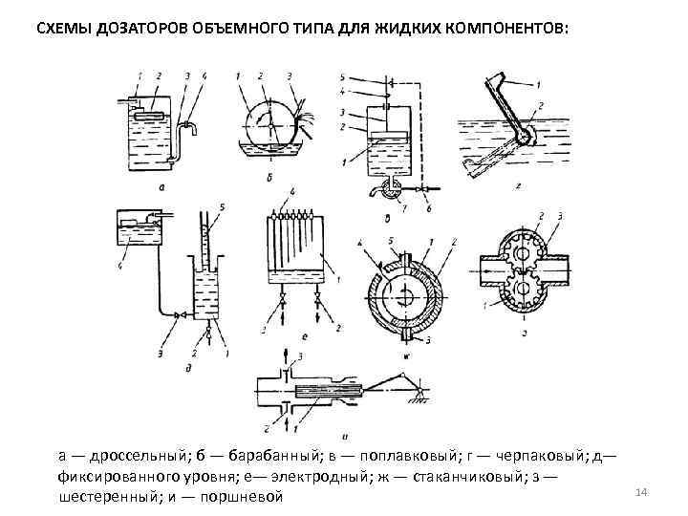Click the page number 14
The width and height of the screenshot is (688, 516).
click(x=641, y=491)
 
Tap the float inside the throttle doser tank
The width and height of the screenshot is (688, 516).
click(x=151, y=113)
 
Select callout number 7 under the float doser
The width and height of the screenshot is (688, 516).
click(x=406, y=207)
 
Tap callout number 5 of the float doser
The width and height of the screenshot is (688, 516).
click(x=343, y=75)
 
